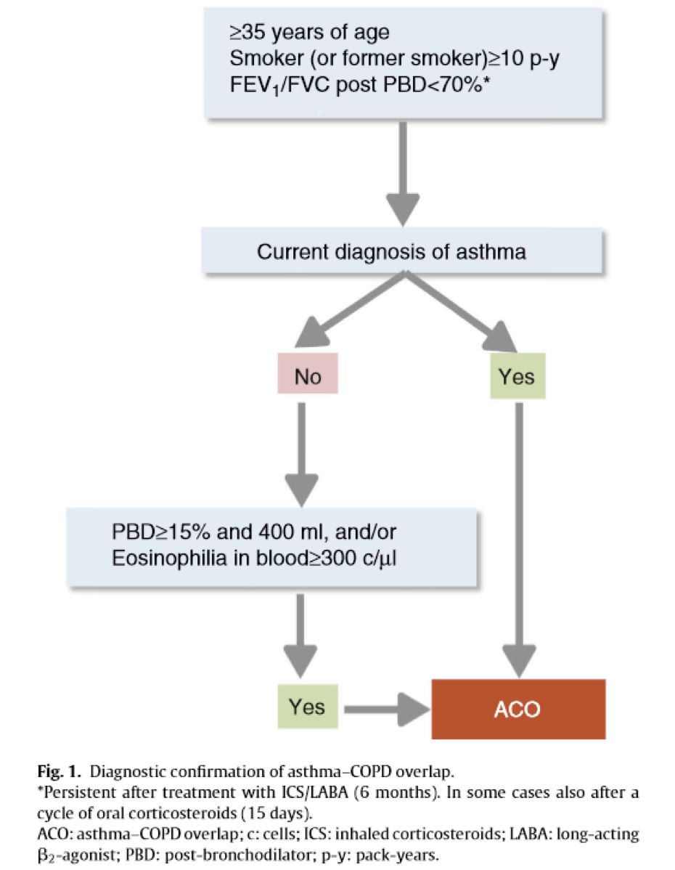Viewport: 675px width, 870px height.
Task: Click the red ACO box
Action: (519, 709)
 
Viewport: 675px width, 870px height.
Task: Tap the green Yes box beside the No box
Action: (517, 376)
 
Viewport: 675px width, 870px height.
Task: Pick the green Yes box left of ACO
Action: (308, 707)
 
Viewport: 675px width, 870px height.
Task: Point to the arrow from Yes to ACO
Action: (387, 709)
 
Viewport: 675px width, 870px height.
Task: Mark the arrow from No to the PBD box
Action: (301, 455)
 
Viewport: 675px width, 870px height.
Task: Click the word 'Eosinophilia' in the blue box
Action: (169, 558)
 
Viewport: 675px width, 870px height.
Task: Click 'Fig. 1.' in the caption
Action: (60, 771)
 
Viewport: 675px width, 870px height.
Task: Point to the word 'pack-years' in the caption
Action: (397, 855)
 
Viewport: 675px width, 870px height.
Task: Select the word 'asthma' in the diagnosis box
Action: (491, 251)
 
